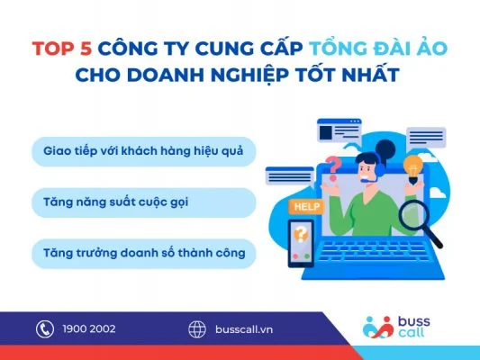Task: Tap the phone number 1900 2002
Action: [87, 329]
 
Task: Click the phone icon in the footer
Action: [44, 329]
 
